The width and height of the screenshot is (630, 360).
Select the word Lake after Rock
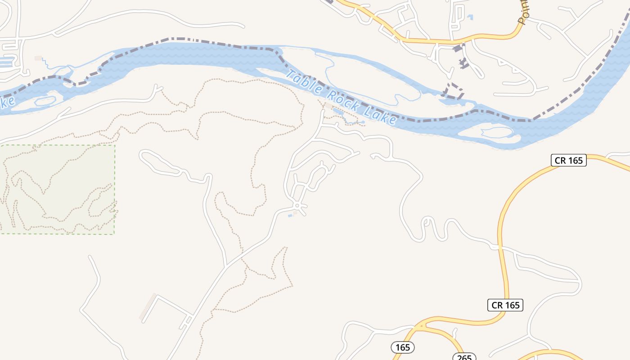(x=382, y=115)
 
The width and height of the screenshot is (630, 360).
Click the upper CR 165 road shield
(x=568, y=160)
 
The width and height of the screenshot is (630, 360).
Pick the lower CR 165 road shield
(x=505, y=305)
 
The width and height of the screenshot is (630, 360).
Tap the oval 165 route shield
(x=402, y=347)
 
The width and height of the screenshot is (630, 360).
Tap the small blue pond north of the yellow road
(x=470, y=18)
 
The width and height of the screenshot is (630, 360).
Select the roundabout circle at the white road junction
(x=297, y=206)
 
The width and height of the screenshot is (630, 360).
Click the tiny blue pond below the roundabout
(x=290, y=216)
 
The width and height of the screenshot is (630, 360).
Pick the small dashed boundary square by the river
(x=454, y=91)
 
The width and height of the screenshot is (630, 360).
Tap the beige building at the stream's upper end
(x=38, y=58)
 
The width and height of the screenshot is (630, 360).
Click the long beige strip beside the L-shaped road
(x=147, y=307)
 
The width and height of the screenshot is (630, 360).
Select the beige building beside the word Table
(x=328, y=106)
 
